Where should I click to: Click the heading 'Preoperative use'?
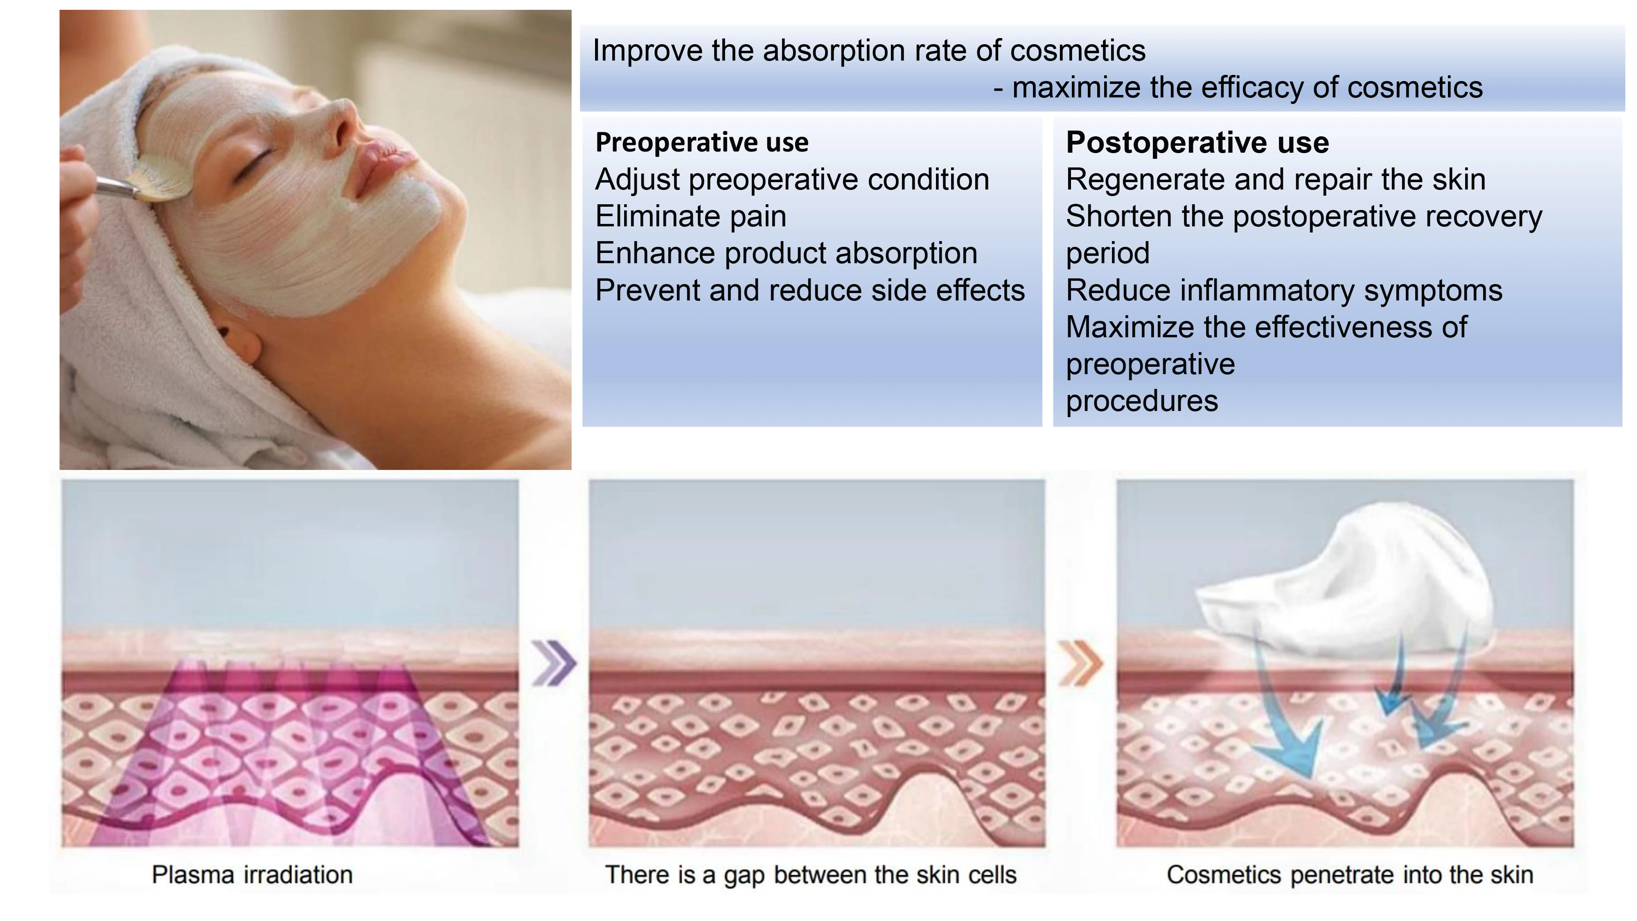click(x=701, y=142)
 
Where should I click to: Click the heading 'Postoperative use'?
click(x=1197, y=142)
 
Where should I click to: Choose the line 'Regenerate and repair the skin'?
click(x=1276, y=180)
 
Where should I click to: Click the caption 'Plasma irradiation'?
click(x=252, y=875)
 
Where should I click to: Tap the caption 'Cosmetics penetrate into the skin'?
click(x=1350, y=875)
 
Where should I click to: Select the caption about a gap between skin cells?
click(x=811, y=875)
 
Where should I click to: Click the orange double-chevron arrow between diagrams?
click(x=1080, y=663)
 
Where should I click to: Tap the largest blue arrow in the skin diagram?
click(x=1290, y=725)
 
